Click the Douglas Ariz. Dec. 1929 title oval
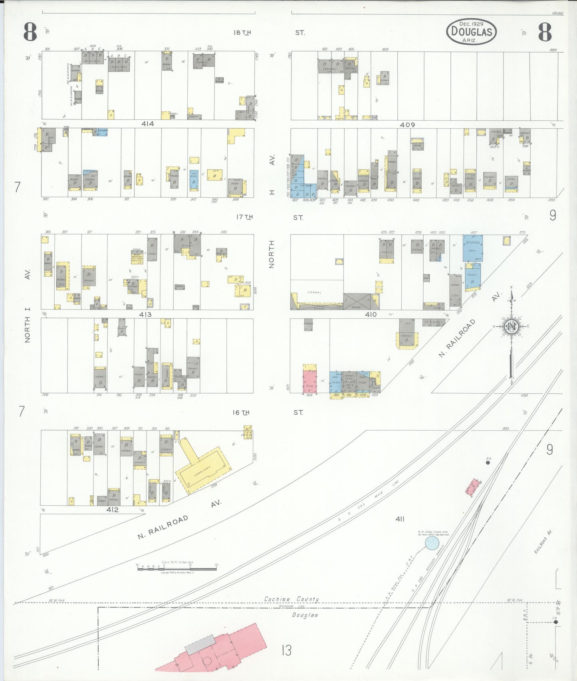click(x=471, y=32)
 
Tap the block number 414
click(x=147, y=124)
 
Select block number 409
click(x=407, y=125)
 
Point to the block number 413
click(x=145, y=314)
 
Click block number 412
click(x=113, y=510)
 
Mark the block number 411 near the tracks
click(x=400, y=519)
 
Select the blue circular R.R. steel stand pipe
click(x=432, y=543)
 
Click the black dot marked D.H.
click(x=488, y=463)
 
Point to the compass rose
click(x=511, y=327)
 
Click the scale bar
click(x=177, y=568)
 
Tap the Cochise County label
click(x=291, y=599)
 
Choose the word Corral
click(x=314, y=292)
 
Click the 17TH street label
click(x=244, y=217)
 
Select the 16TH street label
click(x=241, y=412)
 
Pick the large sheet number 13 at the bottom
click(x=286, y=650)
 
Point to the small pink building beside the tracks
click(x=472, y=487)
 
